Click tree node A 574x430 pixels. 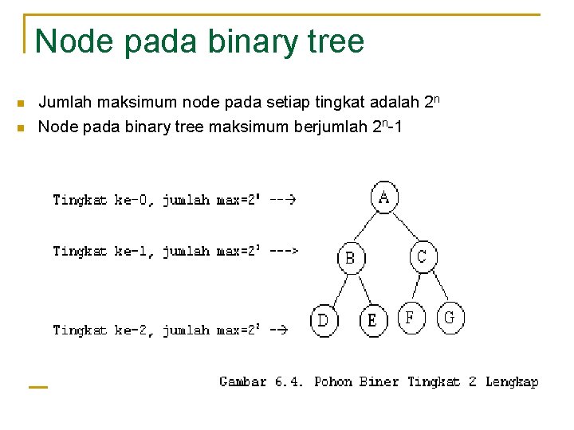click(x=384, y=196)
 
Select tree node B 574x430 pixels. click(x=351, y=258)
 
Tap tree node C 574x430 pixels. click(x=423, y=256)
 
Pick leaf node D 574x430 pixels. click(x=324, y=320)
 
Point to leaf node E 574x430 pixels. click(x=372, y=320)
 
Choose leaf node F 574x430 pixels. click(x=411, y=318)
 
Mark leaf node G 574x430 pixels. click(x=450, y=318)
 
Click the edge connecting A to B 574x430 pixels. click(x=366, y=228)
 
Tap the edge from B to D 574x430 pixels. click(x=336, y=289)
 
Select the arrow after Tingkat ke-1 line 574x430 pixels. click(x=284, y=251)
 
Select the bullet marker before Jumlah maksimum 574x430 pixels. click(x=22, y=104)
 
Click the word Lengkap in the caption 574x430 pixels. click(x=512, y=382)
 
